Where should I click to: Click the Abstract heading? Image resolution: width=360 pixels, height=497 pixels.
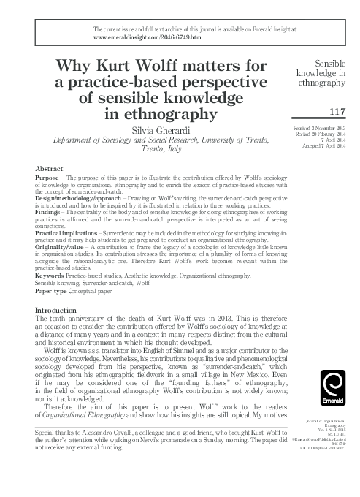coord(49,167)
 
